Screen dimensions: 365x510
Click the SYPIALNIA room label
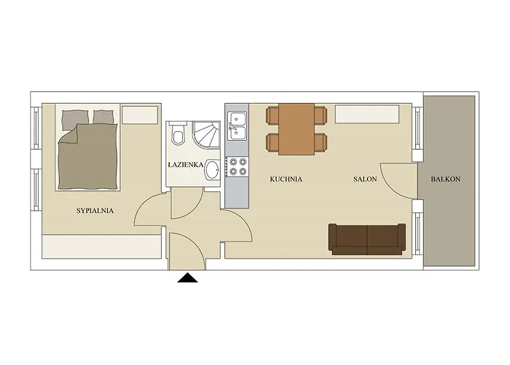pyautogui.click(x=95, y=211)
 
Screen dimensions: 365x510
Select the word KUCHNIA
pyautogui.click(x=286, y=179)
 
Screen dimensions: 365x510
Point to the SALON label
pyautogui.click(x=365, y=179)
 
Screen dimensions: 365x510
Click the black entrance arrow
pyautogui.click(x=188, y=277)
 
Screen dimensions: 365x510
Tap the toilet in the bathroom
pyautogui.click(x=178, y=137)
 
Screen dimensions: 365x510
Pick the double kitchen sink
pyautogui.click(x=238, y=125)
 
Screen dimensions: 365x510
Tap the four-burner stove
pyautogui.click(x=238, y=166)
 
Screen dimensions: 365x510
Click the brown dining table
pyautogui.click(x=297, y=128)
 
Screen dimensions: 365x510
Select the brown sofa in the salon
pyautogui.click(x=366, y=239)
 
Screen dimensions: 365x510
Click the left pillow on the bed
pyautogui.click(x=74, y=118)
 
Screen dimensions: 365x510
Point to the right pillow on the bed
pyautogui.click(x=104, y=116)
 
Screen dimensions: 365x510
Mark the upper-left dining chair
pyautogui.click(x=273, y=115)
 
